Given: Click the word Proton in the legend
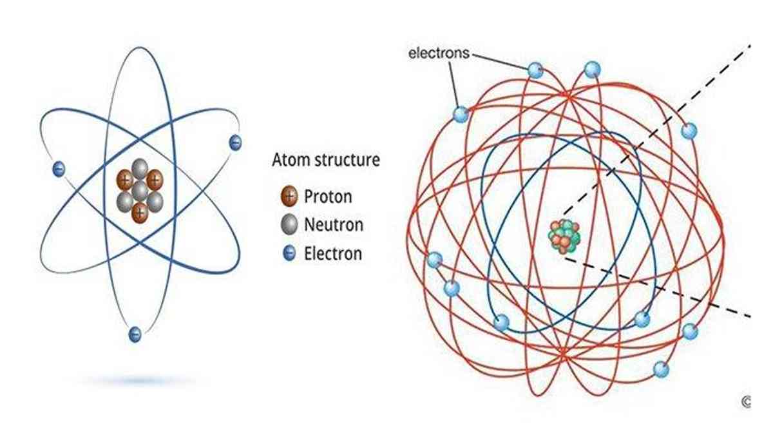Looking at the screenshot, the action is (328, 197).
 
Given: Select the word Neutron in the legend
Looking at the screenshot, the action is (334, 225).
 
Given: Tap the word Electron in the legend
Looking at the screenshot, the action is (333, 254).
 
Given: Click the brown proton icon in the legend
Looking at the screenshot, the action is (289, 196).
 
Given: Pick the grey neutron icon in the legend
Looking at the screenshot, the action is (289, 224).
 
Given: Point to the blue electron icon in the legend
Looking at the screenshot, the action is (289, 253).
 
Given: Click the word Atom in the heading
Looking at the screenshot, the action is (289, 160).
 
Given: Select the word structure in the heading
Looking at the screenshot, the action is (346, 160).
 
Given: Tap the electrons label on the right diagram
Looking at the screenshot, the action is (439, 53).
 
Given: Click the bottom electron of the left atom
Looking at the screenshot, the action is (135, 334).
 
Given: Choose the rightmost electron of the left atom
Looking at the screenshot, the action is (235, 142).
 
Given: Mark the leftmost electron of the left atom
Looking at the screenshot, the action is (59, 169).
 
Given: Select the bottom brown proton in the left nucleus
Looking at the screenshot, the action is (140, 213).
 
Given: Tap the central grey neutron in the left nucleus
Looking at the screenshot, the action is (140, 191).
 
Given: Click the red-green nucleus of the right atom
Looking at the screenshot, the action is (564, 237).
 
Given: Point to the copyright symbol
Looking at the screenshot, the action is (746, 402).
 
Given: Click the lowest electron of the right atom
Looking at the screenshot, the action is (661, 369).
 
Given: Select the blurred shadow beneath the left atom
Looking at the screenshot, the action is (138, 381).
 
